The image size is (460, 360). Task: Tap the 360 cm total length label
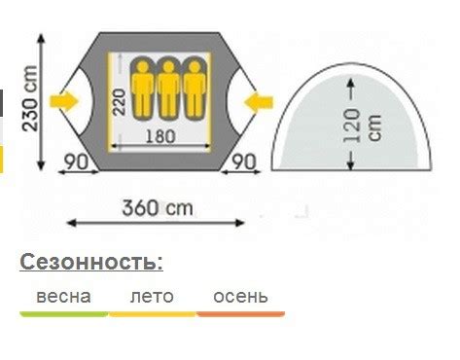158,207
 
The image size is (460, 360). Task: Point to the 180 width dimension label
160,136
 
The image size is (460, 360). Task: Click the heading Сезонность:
90,262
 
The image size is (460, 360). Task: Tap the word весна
63,296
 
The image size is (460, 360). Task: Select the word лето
152,296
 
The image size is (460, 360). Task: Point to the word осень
240,296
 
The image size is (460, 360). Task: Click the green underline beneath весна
63,314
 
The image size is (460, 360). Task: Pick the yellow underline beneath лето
152,314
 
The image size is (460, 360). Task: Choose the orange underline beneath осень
240,314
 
